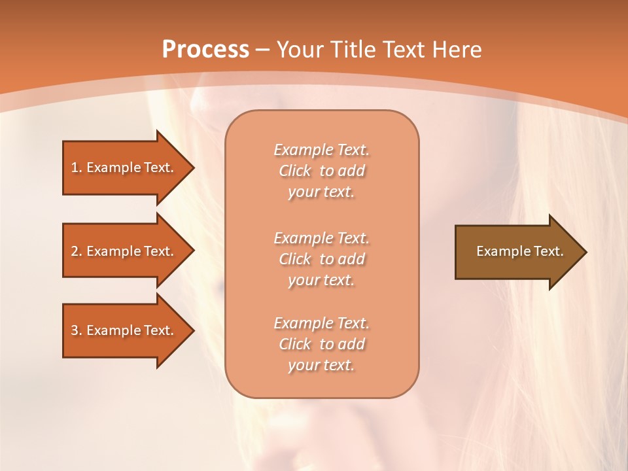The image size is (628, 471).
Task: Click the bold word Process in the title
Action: (205, 49)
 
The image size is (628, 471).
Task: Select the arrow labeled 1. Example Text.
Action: (124, 167)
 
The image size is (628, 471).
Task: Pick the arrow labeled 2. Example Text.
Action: (124, 251)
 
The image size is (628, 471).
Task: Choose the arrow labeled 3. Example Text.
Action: (124, 330)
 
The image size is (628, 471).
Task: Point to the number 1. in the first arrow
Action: (76, 167)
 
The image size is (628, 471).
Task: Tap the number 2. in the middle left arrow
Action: (76, 251)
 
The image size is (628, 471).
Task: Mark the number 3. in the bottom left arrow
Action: (76, 330)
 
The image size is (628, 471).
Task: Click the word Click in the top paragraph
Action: (295, 171)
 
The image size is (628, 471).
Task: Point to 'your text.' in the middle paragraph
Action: (321, 280)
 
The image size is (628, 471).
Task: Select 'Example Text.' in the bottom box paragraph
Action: (321, 323)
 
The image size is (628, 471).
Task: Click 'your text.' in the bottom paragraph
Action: (321, 365)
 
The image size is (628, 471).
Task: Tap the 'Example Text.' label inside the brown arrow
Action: (519, 251)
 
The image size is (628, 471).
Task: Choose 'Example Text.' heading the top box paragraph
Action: (321, 150)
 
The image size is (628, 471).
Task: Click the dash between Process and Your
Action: (263, 50)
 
